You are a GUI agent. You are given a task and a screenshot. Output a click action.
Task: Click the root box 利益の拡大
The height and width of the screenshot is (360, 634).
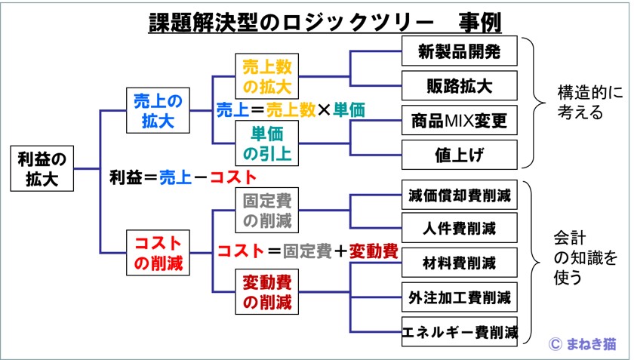click(x=42, y=168)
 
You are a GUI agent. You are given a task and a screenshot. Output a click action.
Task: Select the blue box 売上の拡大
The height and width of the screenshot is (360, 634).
click(x=158, y=110)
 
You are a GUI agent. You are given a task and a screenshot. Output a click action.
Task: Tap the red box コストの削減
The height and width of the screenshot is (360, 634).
click(x=158, y=253)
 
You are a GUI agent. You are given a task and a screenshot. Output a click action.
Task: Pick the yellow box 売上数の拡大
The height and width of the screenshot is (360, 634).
click(x=267, y=76)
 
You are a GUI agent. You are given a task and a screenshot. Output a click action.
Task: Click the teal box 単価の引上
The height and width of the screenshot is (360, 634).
click(x=267, y=143)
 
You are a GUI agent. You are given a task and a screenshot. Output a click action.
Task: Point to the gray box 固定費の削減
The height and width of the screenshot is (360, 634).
click(x=267, y=210)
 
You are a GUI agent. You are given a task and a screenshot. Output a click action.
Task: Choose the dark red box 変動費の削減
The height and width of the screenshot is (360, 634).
click(x=267, y=291)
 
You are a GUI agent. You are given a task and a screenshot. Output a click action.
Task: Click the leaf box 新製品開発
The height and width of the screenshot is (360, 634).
click(x=460, y=51)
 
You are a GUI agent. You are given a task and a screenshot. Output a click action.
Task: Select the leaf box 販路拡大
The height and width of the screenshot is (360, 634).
click(x=460, y=85)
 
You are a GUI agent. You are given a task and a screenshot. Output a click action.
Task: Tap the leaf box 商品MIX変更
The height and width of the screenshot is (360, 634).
click(x=460, y=120)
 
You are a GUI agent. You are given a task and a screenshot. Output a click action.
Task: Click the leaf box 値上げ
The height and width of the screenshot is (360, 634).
click(x=460, y=155)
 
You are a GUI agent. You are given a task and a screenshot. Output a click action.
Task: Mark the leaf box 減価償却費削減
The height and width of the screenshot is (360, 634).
click(x=460, y=195)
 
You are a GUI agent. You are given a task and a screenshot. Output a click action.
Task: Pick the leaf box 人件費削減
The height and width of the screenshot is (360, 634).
click(x=460, y=228)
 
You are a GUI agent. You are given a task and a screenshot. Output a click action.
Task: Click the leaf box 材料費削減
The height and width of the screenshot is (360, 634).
click(x=460, y=263)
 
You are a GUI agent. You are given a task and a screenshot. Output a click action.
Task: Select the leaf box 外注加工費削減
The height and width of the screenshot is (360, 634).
click(x=460, y=297)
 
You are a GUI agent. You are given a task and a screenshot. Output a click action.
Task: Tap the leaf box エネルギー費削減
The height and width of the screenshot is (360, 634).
click(x=460, y=331)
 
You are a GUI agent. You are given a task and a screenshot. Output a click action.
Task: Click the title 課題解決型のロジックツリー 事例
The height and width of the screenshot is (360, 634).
click(x=325, y=22)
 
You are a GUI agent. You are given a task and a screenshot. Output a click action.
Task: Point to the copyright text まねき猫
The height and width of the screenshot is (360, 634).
click(x=591, y=344)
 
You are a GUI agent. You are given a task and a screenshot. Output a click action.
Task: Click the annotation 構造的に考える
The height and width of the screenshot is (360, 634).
click(x=590, y=102)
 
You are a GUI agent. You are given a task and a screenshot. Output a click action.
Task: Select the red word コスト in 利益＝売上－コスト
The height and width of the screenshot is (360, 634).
click(x=233, y=177)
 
